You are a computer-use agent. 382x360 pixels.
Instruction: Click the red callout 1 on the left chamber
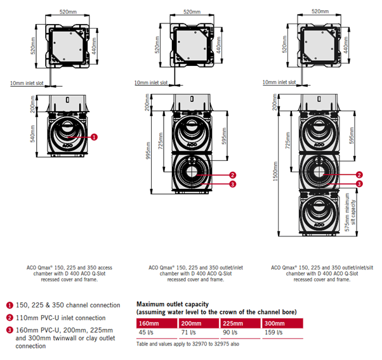[94, 136]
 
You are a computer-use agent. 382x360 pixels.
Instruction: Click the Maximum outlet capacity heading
[173, 304]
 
